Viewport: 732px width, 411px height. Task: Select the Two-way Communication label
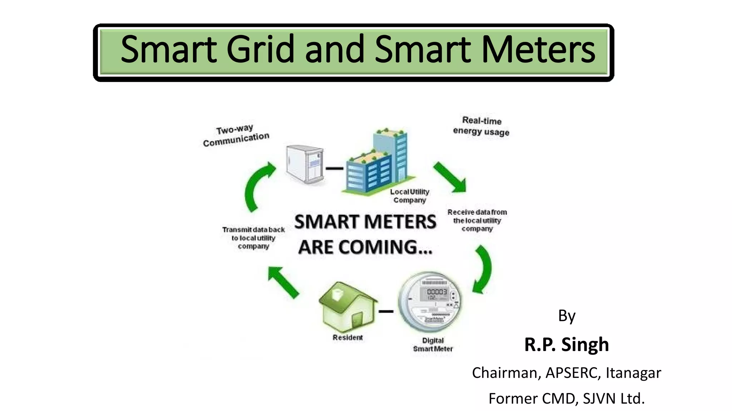click(x=236, y=136)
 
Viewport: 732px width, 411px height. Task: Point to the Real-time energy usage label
click(x=481, y=126)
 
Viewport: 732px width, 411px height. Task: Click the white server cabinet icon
click(x=305, y=164)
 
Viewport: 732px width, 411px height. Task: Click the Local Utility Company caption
click(x=410, y=196)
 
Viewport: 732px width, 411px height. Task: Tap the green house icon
click(x=347, y=307)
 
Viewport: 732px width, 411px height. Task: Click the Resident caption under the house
click(x=347, y=338)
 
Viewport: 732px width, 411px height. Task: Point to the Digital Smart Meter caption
click(x=433, y=345)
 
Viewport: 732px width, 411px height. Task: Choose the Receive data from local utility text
click(x=477, y=220)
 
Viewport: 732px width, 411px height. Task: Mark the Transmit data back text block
click(x=253, y=238)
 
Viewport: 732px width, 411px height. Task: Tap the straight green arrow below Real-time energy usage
click(x=450, y=177)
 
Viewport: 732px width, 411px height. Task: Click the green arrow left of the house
click(x=283, y=282)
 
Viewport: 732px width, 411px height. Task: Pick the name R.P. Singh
click(x=567, y=345)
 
